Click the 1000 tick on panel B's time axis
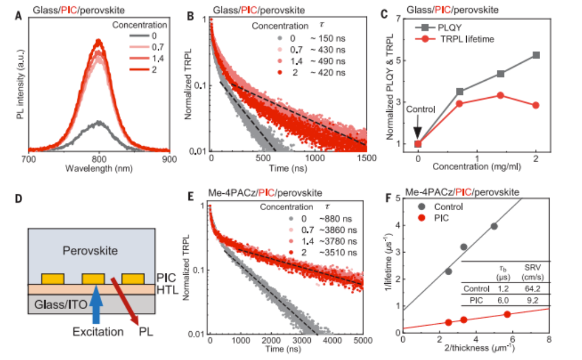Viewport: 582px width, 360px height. [315, 159]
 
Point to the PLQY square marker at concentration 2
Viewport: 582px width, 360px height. [536, 55]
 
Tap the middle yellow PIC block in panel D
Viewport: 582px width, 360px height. [94, 279]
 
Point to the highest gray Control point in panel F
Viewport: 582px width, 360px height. [494, 226]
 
